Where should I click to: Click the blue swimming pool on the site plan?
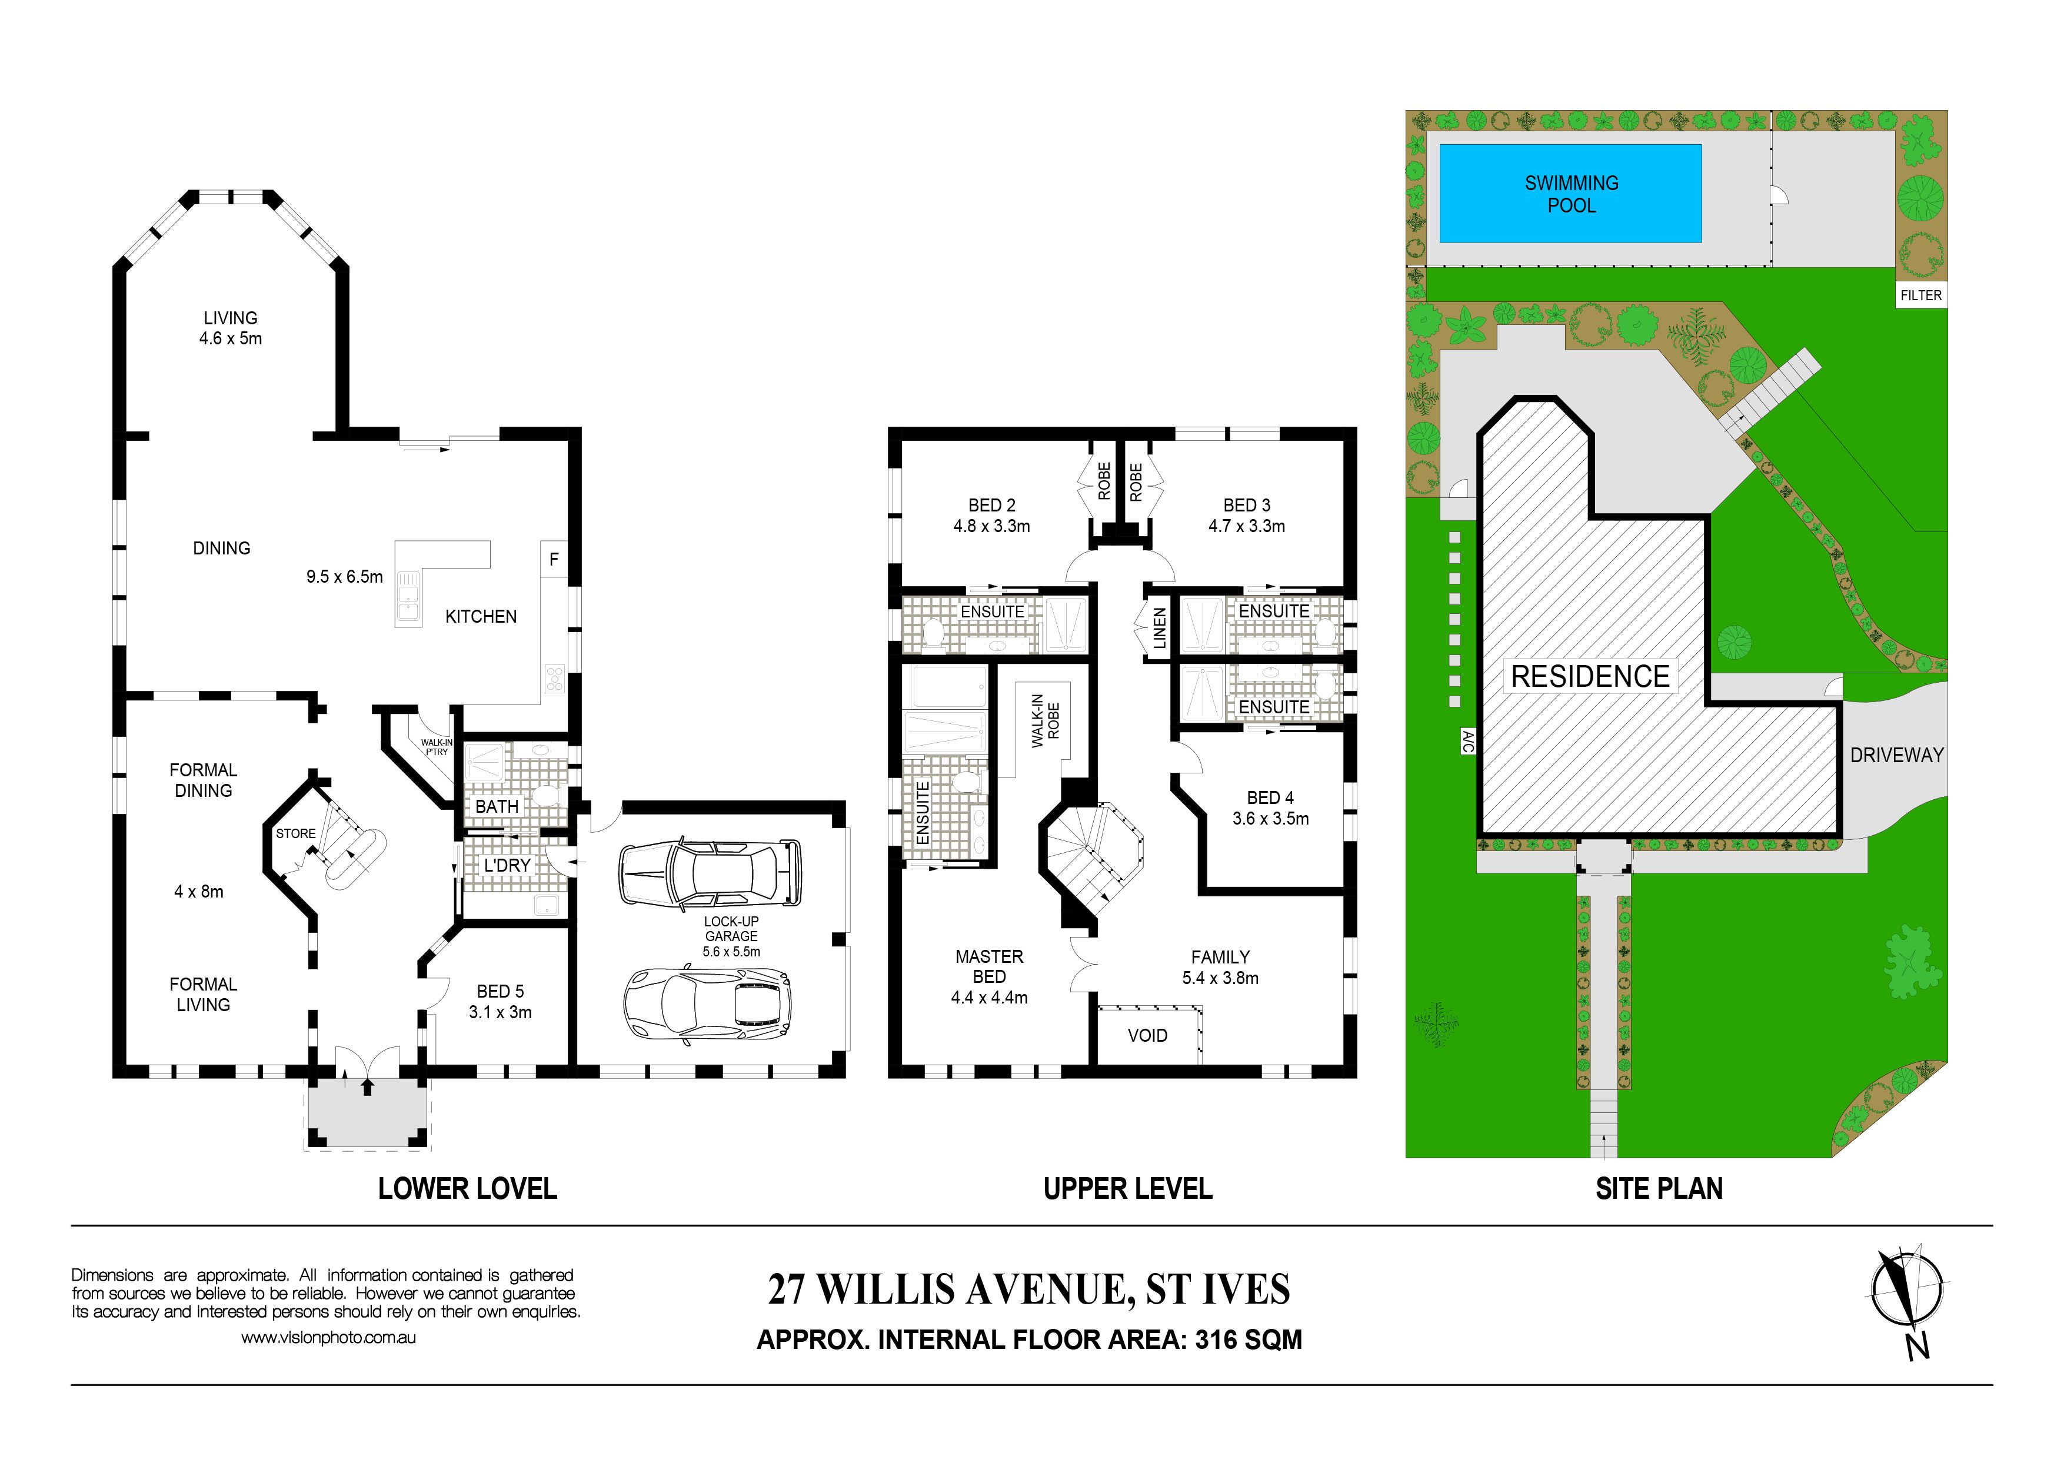click(x=1570, y=193)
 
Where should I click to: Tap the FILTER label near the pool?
click(x=1920, y=295)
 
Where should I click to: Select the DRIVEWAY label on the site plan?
click(x=1896, y=755)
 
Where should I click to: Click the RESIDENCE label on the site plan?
click(x=1589, y=676)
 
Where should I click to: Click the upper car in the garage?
click(x=709, y=872)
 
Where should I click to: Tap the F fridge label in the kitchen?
click(x=554, y=559)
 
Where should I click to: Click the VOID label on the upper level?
click(x=1147, y=1036)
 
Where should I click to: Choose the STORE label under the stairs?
click(x=296, y=833)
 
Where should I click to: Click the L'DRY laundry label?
click(x=507, y=865)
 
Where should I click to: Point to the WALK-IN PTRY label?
click(x=437, y=747)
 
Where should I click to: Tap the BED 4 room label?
click(x=1270, y=797)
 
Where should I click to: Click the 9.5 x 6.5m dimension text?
click(x=344, y=576)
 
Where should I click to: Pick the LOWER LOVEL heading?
click(x=467, y=1188)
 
